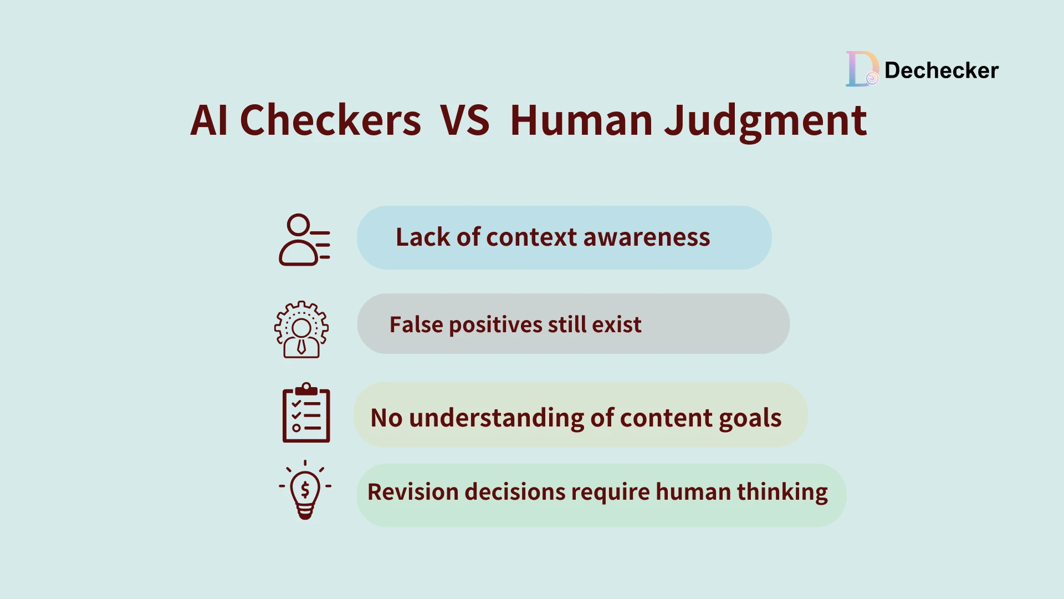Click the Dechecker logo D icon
pos(861,69)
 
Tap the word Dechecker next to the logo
pos(941,70)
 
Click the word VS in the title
pos(464,120)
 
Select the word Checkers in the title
pos(330,120)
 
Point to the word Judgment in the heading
pos(765,121)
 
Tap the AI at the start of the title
pos(209,120)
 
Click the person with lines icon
pos(304,240)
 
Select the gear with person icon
pos(301,329)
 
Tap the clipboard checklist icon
pos(306,413)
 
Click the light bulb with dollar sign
pos(305,490)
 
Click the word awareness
pos(646,237)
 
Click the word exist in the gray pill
pos(617,324)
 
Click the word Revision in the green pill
pos(412,492)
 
